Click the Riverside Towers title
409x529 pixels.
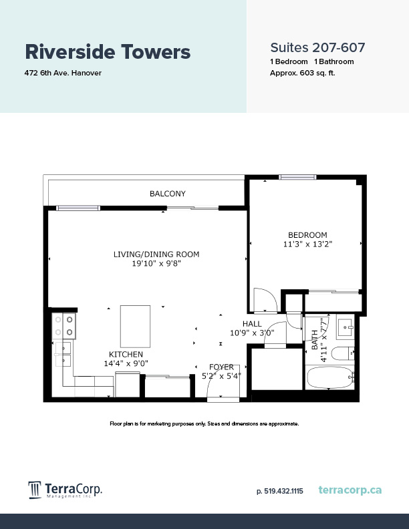[x=108, y=51]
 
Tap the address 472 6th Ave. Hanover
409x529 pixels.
[x=63, y=72]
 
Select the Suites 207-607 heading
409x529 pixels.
[x=317, y=47]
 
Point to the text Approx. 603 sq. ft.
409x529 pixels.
[x=302, y=72]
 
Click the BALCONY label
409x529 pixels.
[x=167, y=194]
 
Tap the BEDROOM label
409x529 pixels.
[x=307, y=235]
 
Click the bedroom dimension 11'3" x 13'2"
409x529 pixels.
[x=307, y=244]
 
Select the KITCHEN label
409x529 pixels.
[x=126, y=354]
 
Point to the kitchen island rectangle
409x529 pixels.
[x=135, y=325]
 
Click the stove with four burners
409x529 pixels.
[x=64, y=325]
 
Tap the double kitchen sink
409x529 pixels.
[x=64, y=353]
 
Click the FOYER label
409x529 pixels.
[x=221, y=367]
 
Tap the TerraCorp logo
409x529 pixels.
[x=65, y=490]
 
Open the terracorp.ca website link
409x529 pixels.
[x=350, y=490]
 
